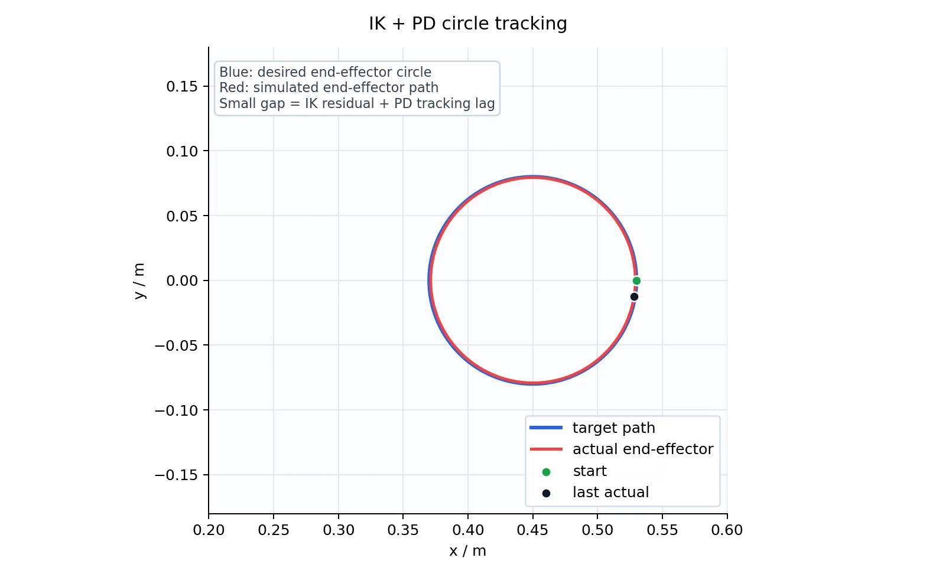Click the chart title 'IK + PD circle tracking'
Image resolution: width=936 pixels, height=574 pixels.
(x=467, y=24)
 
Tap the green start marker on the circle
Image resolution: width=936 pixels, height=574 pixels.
(x=636, y=281)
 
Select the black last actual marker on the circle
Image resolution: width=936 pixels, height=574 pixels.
(x=634, y=297)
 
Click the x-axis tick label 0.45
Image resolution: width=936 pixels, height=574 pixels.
(x=532, y=530)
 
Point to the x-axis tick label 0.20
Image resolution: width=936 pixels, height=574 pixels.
(x=209, y=530)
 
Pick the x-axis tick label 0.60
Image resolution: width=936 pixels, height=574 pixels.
(x=727, y=530)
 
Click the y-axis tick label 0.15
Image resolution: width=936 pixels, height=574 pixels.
(x=182, y=86)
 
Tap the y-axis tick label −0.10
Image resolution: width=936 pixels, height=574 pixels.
(x=176, y=410)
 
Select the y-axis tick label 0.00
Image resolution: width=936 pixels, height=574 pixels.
(x=182, y=281)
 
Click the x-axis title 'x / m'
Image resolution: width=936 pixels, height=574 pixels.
(x=467, y=551)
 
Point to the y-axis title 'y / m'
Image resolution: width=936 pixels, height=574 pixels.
(x=139, y=281)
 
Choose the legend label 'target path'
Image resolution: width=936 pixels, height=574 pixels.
(x=613, y=428)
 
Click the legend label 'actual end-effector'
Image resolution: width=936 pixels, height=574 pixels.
(x=643, y=449)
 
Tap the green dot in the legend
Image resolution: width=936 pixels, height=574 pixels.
(x=546, y=472)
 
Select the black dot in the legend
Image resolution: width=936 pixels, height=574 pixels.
(x=546, y=494)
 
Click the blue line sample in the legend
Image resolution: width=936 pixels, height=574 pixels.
(x=546, y=428)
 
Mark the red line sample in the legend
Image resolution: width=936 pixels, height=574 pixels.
(x=546, y=449)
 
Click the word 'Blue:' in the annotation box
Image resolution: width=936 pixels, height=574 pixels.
(x=236, y=72)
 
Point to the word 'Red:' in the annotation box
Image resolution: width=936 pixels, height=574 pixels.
(x=234, y=87)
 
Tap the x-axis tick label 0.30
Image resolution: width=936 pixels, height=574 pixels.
(x=339, y=530)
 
